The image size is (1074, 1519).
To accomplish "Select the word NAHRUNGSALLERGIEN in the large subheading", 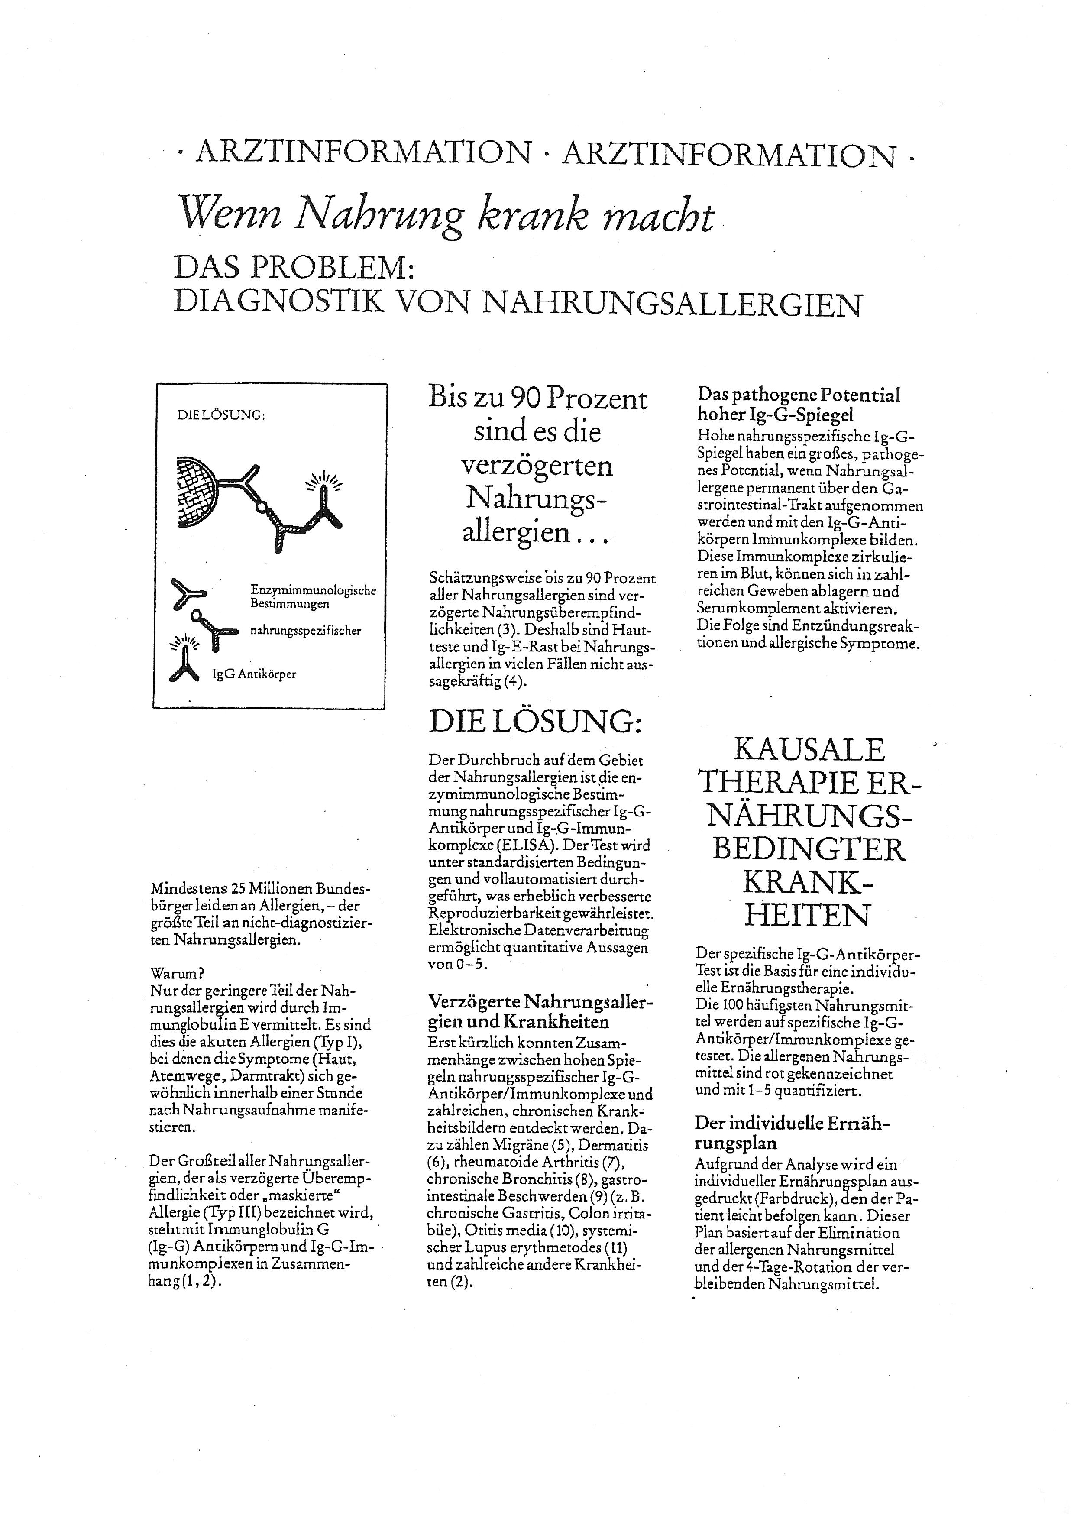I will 672,304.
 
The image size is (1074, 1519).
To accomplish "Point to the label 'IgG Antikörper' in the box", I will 254,674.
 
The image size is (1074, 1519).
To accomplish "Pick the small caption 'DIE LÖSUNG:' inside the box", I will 221,415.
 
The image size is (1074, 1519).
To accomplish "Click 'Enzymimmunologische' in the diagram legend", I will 313,589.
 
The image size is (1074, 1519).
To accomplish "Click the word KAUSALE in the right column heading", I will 809,750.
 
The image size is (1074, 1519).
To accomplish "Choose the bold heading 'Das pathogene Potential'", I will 798,395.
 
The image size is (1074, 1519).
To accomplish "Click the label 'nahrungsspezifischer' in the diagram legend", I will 305,631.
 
